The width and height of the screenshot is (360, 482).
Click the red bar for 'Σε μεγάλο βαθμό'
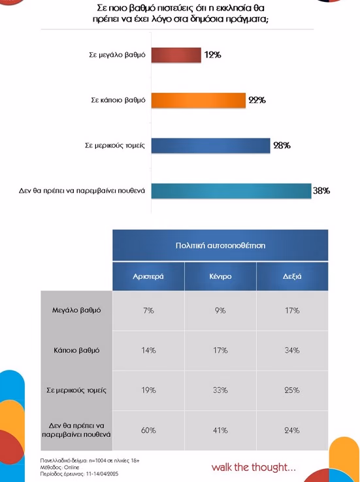point(176,55)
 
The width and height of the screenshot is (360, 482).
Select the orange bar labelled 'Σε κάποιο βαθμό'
point(199,100)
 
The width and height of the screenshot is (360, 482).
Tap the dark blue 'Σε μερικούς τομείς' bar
point(210,146)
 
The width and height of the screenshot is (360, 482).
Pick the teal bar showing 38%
point(231,191)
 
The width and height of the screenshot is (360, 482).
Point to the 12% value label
point(213,55)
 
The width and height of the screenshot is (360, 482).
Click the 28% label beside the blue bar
point(282,146)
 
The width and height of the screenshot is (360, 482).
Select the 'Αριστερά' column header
point(148,276)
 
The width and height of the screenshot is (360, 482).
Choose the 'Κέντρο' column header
point(220,276)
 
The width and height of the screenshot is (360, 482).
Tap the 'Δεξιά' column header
point(292,276)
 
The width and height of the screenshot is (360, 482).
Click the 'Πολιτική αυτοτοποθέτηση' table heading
point(220,246)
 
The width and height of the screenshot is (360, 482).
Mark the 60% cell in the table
point(148,430)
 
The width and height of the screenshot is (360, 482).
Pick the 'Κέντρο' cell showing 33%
point(220,391)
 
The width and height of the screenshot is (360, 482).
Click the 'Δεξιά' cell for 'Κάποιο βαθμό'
point(292,351)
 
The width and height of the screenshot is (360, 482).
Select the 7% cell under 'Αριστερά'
point(148,310)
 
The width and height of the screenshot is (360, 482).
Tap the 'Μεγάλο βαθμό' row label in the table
point(76,310)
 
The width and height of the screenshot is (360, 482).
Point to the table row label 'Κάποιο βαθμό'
point(76,351)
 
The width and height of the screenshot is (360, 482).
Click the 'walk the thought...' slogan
point(254,468)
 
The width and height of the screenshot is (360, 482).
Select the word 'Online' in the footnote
point(72,467)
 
